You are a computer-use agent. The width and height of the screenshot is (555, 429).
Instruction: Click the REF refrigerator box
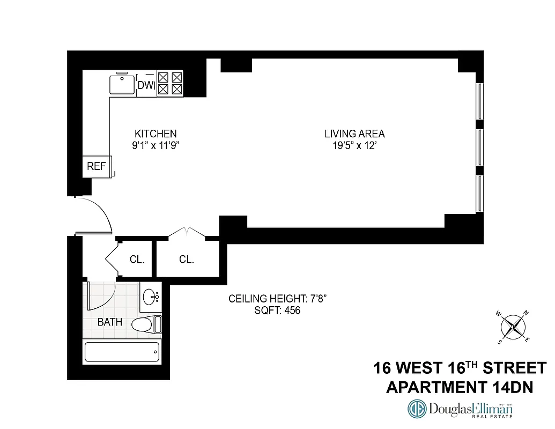tap(97, 166)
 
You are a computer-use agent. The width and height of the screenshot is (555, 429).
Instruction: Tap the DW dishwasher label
tap(146, 85)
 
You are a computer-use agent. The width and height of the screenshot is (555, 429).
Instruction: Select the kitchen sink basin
tap(122, 85)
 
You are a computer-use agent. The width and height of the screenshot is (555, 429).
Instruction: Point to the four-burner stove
tap(170, 84)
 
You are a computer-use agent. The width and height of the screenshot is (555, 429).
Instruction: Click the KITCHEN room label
tap(156, 134)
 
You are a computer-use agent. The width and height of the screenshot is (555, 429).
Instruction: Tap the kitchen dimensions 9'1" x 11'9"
tap(156, 145)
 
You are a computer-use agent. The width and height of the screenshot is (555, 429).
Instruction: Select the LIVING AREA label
tap(354, 134)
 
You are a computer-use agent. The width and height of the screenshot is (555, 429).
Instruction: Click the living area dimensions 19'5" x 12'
tap(354, 145)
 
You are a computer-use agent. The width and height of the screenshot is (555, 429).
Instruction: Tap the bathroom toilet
tap(144, 324)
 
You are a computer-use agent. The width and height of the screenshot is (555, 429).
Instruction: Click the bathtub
tap(122, 352)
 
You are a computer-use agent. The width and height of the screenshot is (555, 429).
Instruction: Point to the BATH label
tap(109, 322)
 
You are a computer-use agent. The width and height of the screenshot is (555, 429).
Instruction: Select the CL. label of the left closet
tap(137, 260)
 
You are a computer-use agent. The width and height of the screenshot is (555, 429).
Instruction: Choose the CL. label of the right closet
tap(186, 260)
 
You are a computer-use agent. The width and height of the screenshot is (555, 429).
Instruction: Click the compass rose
tap(513, 326)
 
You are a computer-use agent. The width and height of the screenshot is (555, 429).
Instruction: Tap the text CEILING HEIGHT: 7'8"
tap(277, 299)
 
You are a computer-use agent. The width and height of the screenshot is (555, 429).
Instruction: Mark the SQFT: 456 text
tap(277, 310)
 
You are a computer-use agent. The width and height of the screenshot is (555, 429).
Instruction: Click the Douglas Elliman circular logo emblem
tap(418, 410)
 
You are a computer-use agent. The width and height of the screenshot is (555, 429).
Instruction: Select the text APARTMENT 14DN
tap(460, 387)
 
